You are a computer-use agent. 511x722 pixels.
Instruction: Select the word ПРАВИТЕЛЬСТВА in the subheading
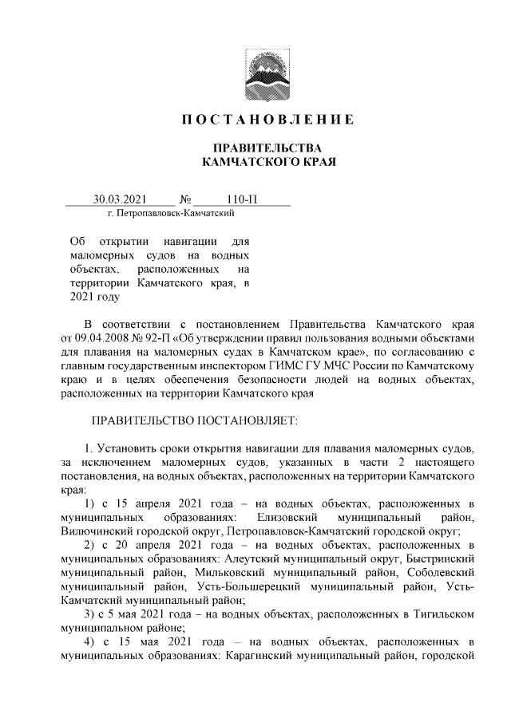(x=262, y=148)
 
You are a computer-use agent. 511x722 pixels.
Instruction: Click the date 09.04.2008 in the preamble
(x=100, y=338)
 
